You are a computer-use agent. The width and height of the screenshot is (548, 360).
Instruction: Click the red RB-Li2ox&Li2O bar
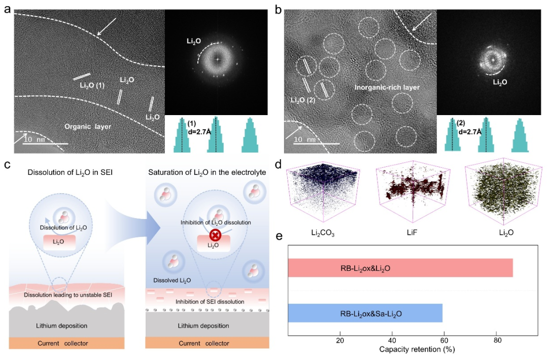[400, 268]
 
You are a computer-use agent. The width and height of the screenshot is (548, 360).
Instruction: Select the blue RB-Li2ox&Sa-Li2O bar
[365, 313]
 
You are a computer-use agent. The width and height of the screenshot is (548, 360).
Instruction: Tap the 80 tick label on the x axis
[497, 340]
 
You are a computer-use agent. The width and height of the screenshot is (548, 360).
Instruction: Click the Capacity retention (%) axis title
[417, 349]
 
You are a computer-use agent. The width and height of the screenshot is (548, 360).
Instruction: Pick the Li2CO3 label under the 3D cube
[323, 233]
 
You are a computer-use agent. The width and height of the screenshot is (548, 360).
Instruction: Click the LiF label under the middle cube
[412, 232]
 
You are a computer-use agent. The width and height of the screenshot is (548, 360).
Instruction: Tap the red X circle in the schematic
[215, 235]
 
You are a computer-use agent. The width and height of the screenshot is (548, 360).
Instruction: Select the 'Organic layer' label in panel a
[88, 127]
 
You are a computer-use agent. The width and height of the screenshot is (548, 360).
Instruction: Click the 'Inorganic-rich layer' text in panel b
[387, 87]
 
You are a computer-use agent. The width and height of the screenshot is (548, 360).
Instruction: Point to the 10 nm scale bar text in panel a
[35, 139]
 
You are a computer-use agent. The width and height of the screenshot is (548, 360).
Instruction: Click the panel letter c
[7, 164]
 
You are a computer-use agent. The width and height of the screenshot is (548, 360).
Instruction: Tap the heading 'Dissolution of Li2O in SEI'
[70, 172]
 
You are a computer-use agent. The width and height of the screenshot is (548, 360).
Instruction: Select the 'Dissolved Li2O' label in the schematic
[172, 280]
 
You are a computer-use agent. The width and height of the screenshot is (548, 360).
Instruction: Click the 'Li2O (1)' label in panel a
[92, 85]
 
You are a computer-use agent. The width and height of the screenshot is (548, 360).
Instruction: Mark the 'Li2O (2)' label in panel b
[303, 100]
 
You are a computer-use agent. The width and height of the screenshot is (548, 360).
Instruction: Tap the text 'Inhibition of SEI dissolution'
[210, 302]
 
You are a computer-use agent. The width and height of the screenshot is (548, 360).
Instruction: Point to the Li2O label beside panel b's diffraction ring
[500, 83]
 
